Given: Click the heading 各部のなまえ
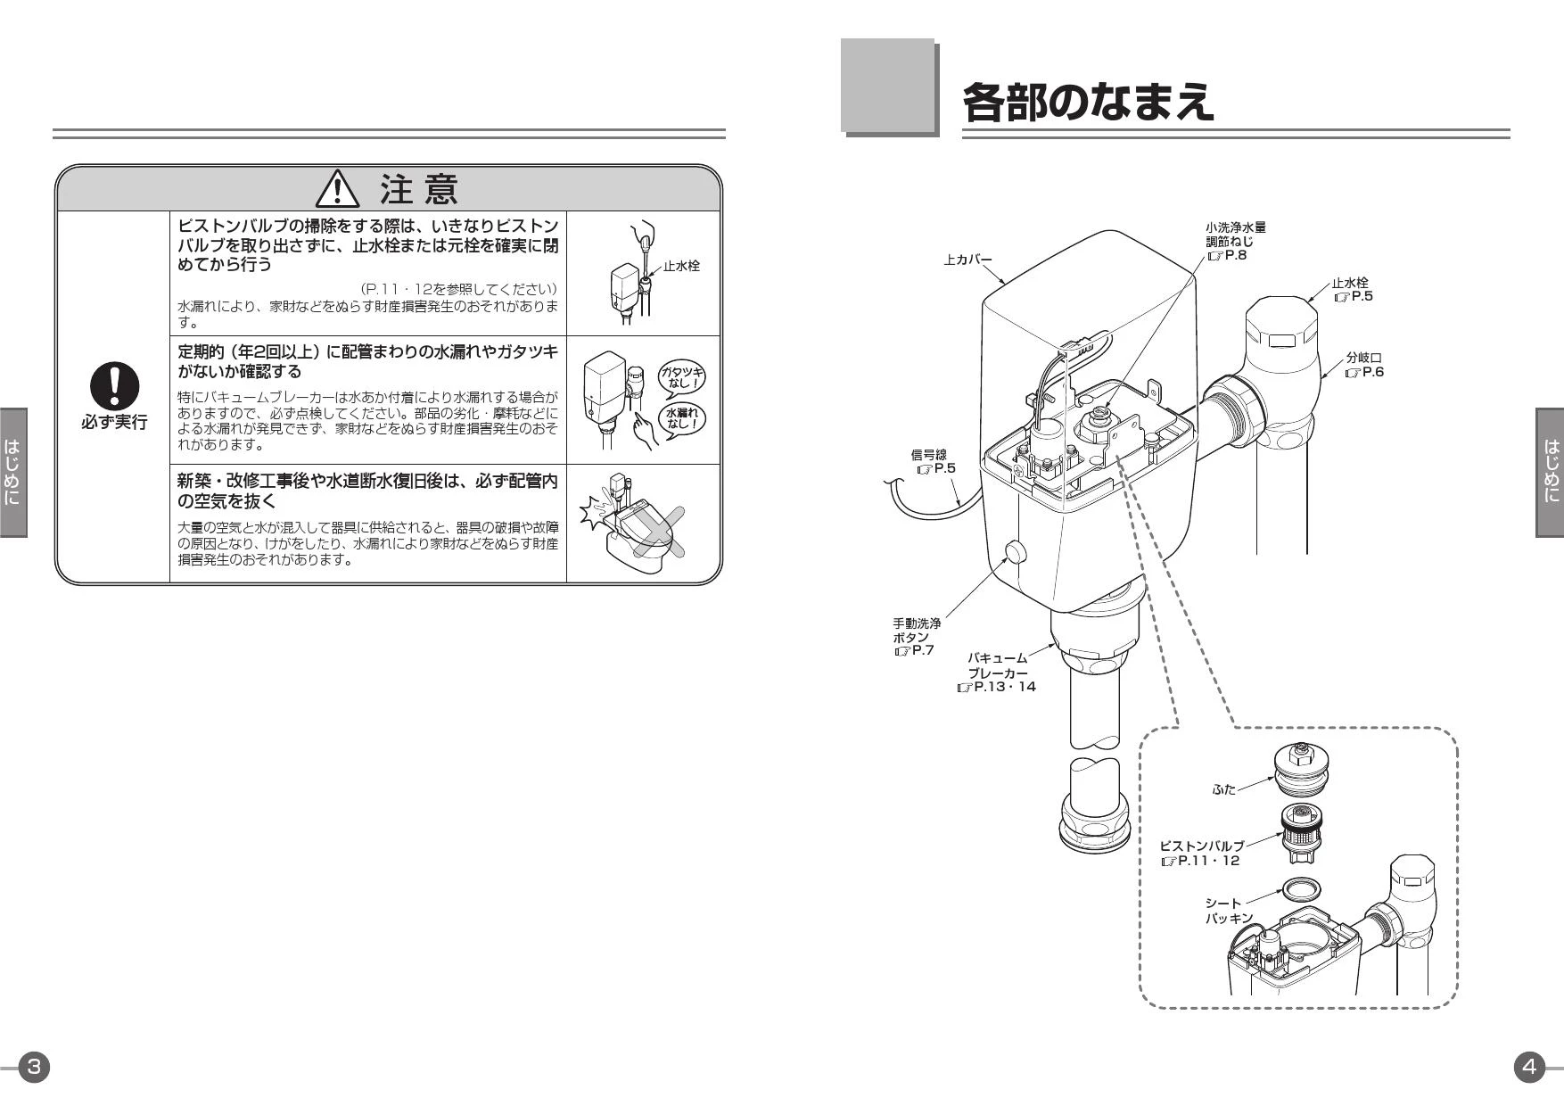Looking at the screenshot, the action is click(x=1088, y=102).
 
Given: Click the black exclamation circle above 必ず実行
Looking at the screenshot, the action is click(x=114, y=386).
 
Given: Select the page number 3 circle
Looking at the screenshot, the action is click(x=34, y=1067).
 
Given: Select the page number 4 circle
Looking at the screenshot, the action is click(x=1529, y=1067).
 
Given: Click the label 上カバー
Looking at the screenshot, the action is click(x=968, y=260).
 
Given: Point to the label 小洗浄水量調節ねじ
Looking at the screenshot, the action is click(x=1236, y=235).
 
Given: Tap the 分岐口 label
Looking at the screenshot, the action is click(x=1363, y=358).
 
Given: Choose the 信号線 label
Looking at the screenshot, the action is click(x=928, y=455).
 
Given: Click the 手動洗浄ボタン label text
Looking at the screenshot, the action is click(x=917, y=631).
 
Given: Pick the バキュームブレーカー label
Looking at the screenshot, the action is click(x=998, y=665).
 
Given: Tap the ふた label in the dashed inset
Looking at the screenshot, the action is click(x=1224, y=789).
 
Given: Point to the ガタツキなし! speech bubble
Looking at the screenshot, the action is click(x=681, y=376).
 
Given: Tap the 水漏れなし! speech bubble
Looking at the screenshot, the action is click(x=681, y=418).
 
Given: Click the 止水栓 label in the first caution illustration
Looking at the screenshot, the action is click(x=681, y=266).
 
